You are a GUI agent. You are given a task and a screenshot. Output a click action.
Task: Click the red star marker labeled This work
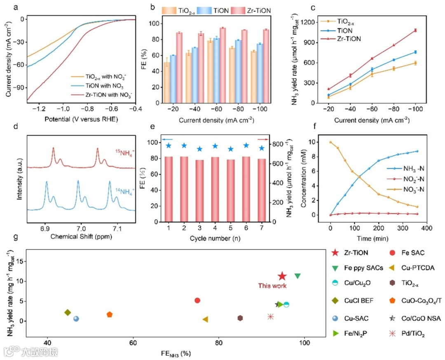point(282,276)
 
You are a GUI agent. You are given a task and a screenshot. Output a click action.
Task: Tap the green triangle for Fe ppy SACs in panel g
point(297,276)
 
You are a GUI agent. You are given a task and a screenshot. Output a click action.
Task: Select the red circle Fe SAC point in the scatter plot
point(197,301)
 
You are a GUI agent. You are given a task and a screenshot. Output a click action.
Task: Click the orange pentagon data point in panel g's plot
point(110,314)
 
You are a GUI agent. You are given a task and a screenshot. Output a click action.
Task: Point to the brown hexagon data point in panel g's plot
point(240,318)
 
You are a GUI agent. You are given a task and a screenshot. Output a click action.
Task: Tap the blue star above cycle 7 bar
point(261,148)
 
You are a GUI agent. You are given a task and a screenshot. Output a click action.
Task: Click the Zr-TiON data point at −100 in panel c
point(416,30)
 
